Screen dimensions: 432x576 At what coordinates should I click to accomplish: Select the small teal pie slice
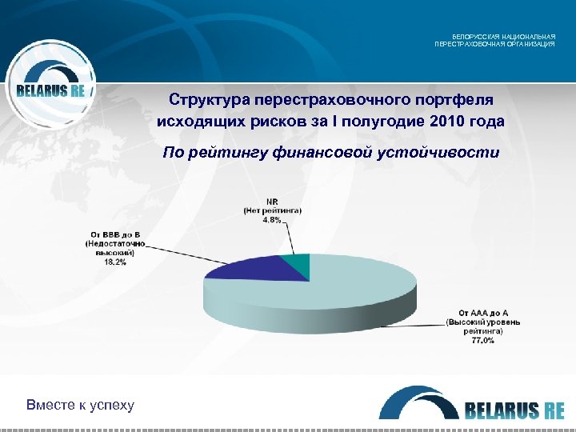(x=298, y=264)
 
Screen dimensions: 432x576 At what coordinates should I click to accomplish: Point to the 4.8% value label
(x=272, y=220)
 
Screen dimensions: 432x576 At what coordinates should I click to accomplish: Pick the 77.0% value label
(x=482, y=340)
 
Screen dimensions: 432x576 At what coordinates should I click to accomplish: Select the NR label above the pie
(x=272, y=201)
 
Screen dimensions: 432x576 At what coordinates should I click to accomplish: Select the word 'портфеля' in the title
(x=457, y=100)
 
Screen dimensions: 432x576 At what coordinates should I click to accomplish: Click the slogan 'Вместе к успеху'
(x=80, y=405)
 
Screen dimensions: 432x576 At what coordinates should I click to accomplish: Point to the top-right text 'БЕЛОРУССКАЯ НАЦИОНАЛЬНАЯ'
(x=503, y=37)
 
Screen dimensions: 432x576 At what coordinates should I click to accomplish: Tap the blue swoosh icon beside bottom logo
(x=416, y=400)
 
